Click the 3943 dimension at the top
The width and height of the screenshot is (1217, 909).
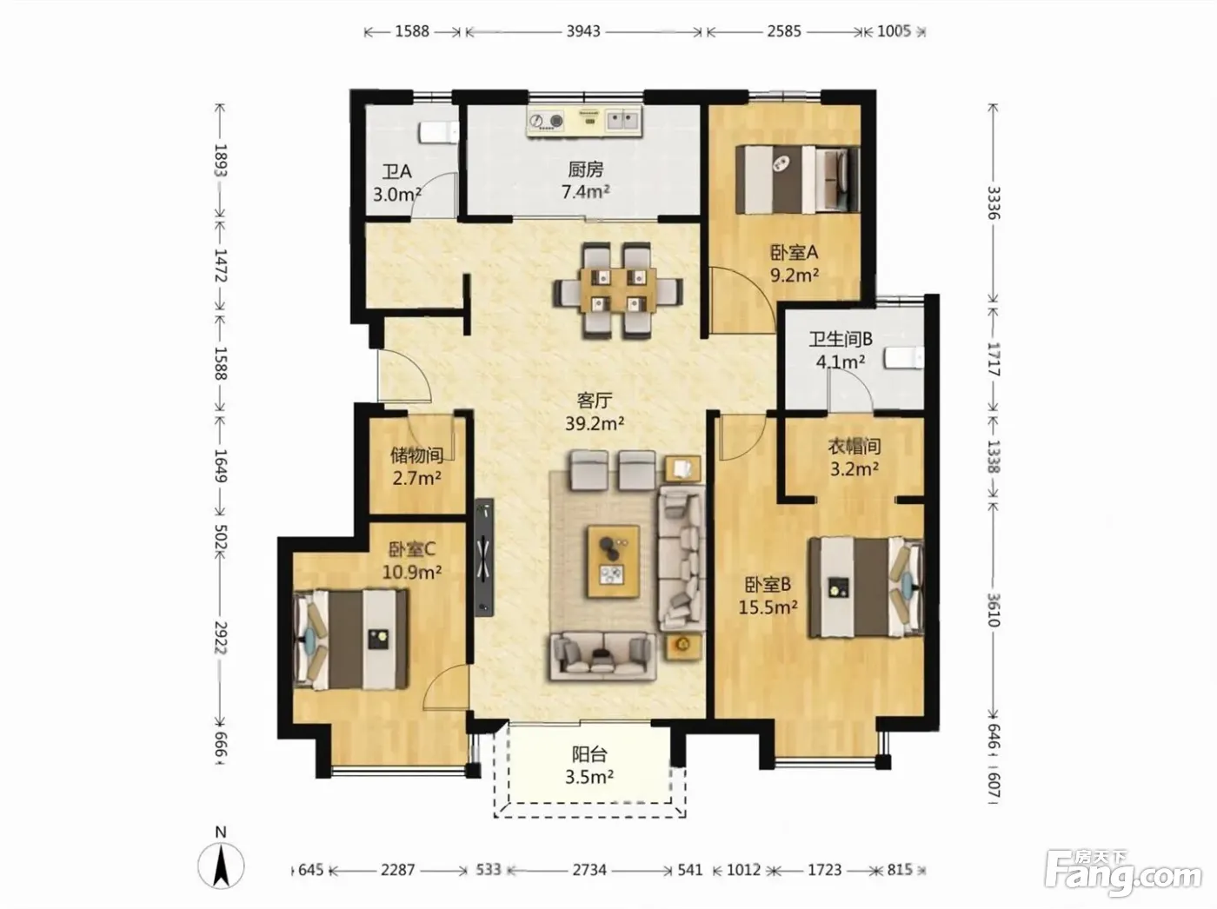click(x=583, y=31)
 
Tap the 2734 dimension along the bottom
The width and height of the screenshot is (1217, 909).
click(x=589, y=870)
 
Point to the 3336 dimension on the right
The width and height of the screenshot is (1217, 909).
click(x=994, y=202)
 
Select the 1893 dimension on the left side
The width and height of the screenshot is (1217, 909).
click(x=221, y=160)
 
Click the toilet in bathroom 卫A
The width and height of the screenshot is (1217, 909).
click(x=439, y=133)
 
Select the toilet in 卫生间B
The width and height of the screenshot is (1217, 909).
click(x=904, y=358)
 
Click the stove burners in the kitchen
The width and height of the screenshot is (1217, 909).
click(x=546, y=121)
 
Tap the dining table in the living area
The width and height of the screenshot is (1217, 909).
click(x=618, y=290)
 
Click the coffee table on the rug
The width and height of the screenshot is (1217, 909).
click(x=614, y=562)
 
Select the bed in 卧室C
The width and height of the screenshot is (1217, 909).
click(x=350, y=640)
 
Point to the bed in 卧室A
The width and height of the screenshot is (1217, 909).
click(x=798, y=179)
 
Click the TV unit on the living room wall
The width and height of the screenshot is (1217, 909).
click(x=484, y=556)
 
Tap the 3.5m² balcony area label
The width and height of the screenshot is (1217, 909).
click(x=589, y=777)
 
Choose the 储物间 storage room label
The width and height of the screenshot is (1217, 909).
click(x=416, y=455)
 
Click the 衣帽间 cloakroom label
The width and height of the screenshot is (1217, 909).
click(x=854, y=446)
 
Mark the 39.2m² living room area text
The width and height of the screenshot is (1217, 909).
click(x=595, y=423)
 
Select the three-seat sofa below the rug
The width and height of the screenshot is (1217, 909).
click(x=602, y=657)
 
